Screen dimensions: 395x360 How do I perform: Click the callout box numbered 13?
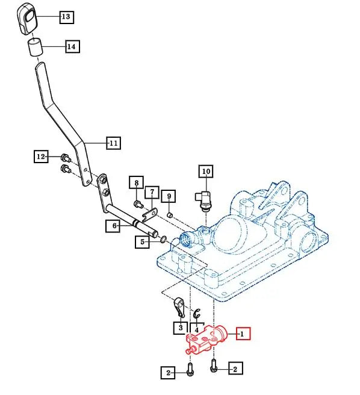[66, 17]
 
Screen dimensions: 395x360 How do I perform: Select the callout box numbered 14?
[72, 46]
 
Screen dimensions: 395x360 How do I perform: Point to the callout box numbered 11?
[113, 143]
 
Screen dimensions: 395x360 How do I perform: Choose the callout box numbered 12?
[40, 157]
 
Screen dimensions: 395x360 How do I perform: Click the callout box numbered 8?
[137, 183]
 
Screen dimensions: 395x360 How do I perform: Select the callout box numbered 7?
[152, 193]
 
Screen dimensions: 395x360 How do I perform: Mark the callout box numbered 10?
[206, 172]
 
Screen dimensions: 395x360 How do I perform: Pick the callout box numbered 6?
[113, 226]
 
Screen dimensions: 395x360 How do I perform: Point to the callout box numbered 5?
[142, 243]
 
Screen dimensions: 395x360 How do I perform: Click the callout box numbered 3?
[180, 328]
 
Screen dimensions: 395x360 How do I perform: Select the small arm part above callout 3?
[179, 306]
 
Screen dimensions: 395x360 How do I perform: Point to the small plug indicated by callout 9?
[170, 214]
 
